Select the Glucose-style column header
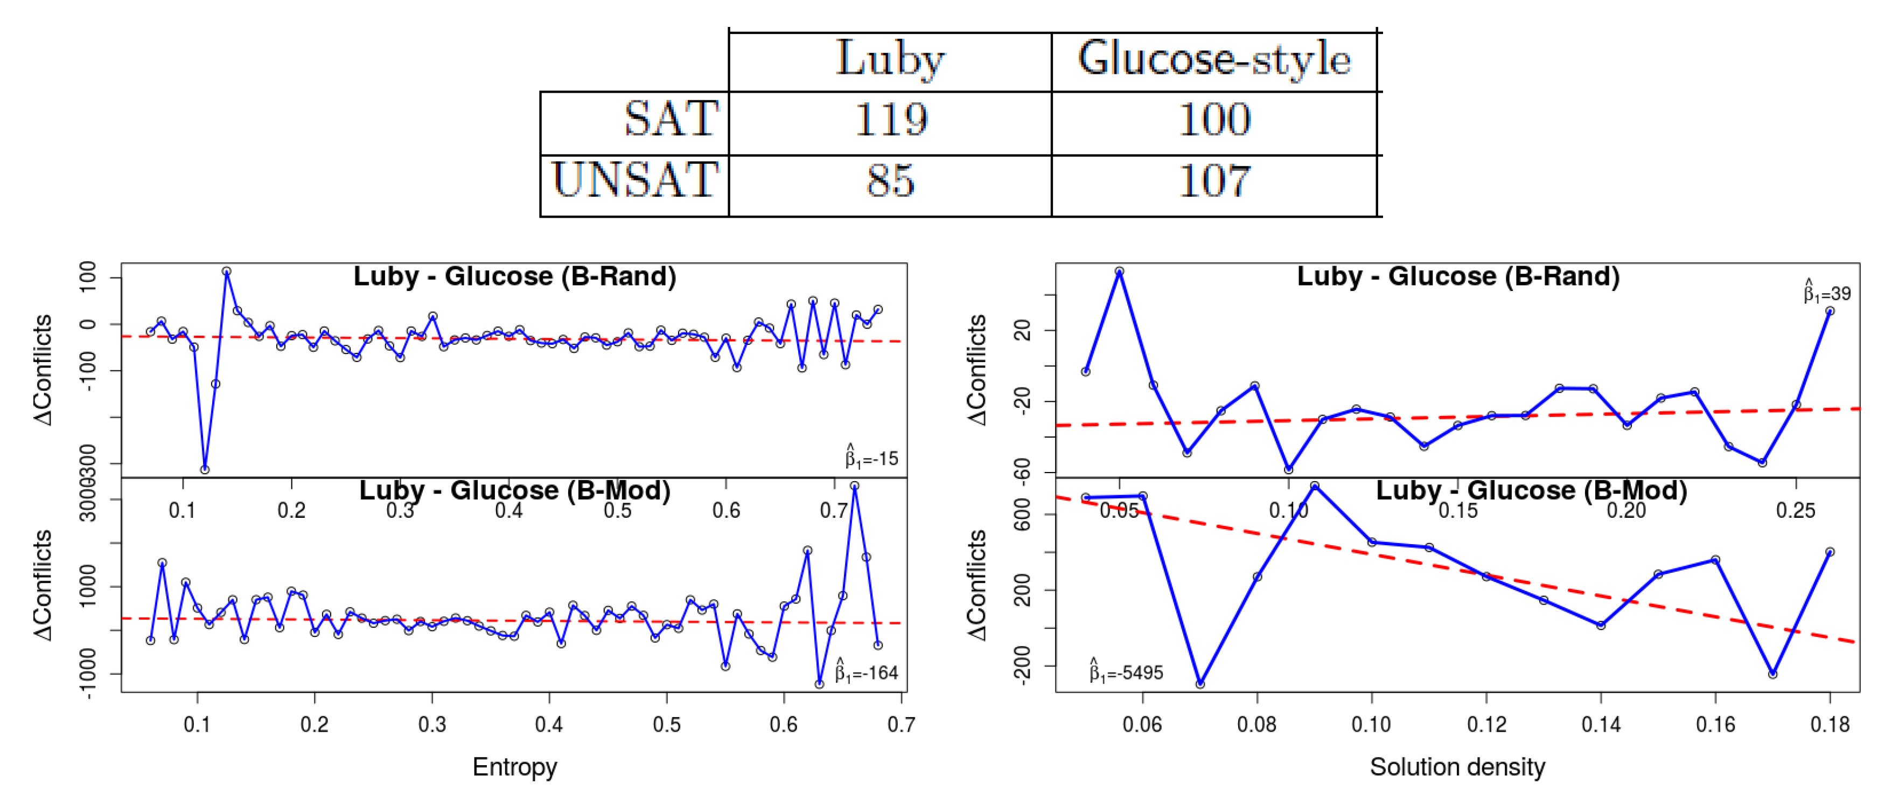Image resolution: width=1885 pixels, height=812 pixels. pyautogui.click(x=1214, y=60)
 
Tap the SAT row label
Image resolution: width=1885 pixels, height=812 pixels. pyautogui.click(x=671, y=119)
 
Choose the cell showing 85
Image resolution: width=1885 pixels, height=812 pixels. pyautogui.click(x=891, y=182)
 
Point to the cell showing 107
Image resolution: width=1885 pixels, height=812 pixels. pyautogui.click(x=1214, y=182)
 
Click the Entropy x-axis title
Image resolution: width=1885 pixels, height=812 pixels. pyautogui.click(x=514, y=767)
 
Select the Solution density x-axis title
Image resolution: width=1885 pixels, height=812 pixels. pyautogui.click(x=1457, y=767)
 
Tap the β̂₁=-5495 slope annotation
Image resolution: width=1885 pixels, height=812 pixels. pyautogui.click(x=1126, y=671)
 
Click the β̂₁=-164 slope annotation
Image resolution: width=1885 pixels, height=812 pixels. pyautogui.click(x=867, y=671)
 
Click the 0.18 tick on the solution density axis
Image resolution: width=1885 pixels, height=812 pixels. pyautogui.click(x=1830, y=725)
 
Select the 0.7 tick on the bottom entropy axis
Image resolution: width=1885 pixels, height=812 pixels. pyautogui.click(x=901, y=725)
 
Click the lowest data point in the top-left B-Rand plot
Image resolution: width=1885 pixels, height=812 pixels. pyautogui.click(x=205, y=469)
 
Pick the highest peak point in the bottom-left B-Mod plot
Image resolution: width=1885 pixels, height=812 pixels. pyautogui.click(x=854, y=486)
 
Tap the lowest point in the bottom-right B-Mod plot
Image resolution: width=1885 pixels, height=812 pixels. pyautogui.click(x=1200, y=684)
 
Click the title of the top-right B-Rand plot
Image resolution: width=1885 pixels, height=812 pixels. pyautogui.click(x=1458, y=277)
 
